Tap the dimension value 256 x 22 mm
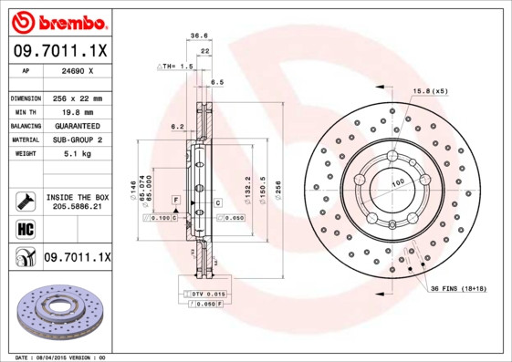point(78,98)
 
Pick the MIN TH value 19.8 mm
point(78,111)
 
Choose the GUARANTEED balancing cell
point(78,125)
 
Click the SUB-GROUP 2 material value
point(78,140)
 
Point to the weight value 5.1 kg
point(78,153)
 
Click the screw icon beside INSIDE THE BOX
point(25,202)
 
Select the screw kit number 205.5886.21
point(78,208)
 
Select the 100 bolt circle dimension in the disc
point(398,183)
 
